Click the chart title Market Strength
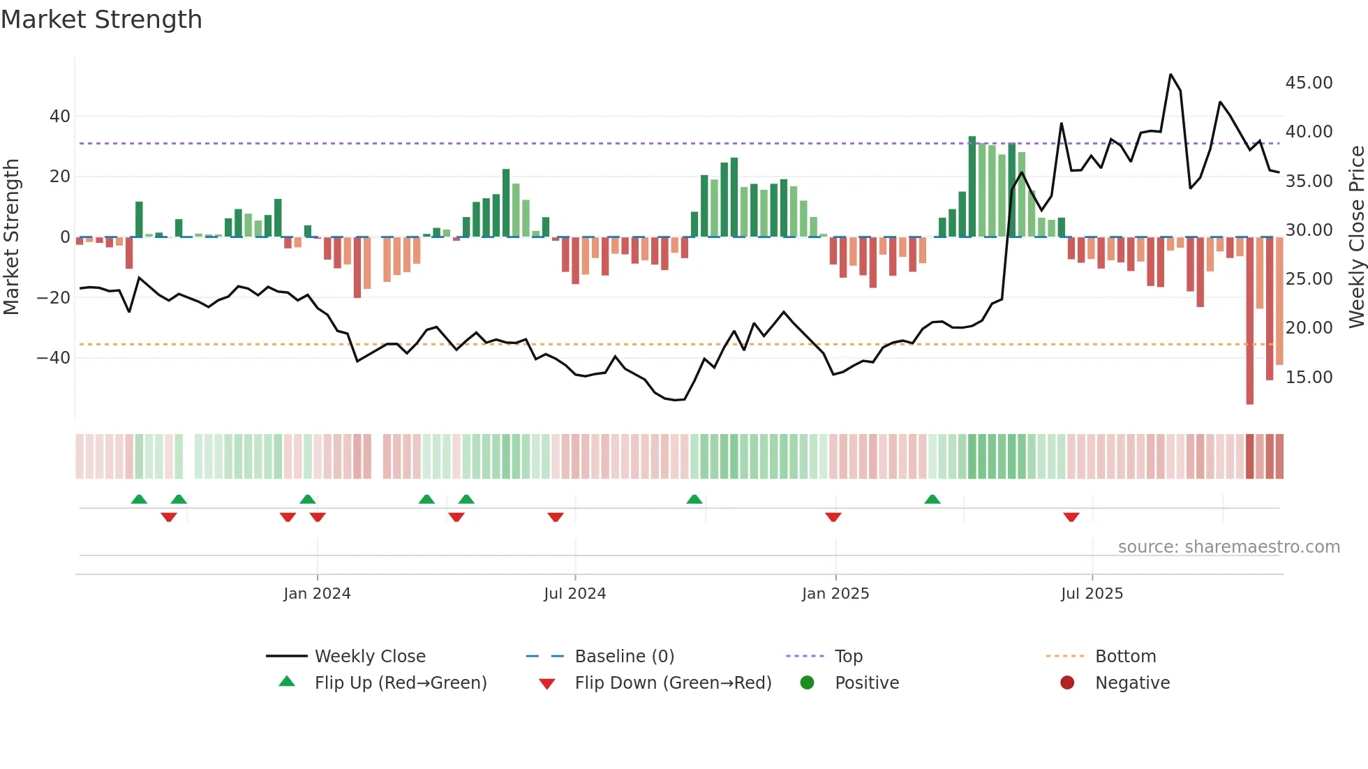click(101, 20)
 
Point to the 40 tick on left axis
click(60, 117)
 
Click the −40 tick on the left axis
click(54, 358)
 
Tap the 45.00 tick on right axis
click(1309, 83)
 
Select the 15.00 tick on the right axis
click(1309, 378)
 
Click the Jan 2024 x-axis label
click(317, 594)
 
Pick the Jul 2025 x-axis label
click(1092, 594)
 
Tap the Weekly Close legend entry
click(369, 657)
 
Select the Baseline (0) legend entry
click(624, 657)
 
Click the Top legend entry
click(848, 657)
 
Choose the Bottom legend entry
click(1125, 657)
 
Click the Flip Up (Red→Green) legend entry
click(400, 683)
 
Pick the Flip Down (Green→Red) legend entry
click(673, 683)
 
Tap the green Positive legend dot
click(808, 682)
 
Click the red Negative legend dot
click(1067, 682)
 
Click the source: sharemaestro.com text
click(1228, 547)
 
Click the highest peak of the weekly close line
click(1170, 75)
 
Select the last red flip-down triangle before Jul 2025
click(1071, 517)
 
